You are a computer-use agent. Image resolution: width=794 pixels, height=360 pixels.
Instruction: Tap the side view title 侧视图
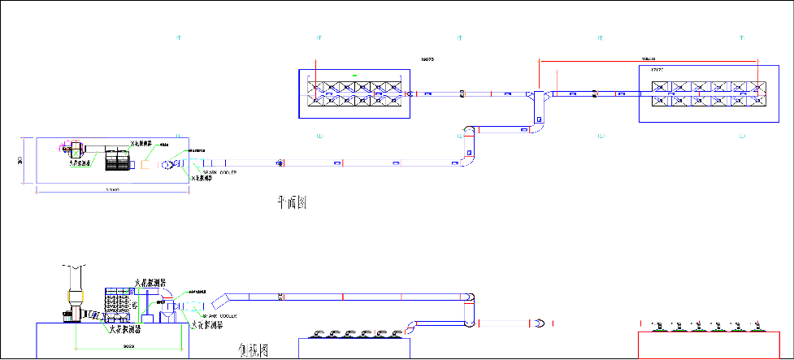(254, 351)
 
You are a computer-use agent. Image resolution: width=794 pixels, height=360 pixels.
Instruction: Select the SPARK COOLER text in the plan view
(219, 172)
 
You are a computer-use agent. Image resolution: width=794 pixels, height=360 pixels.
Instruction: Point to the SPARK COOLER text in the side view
(220, 314)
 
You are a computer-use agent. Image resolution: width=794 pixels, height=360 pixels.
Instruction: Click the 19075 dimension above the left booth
(427, 59)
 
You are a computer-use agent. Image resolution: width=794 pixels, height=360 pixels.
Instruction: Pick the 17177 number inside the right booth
(657, 71)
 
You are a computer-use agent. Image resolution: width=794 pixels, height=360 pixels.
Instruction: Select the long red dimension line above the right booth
(649, 59)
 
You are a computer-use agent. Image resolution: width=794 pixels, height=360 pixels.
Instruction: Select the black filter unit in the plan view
(119, 159)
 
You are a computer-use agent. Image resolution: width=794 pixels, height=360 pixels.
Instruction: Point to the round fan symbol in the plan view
(168, 165)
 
